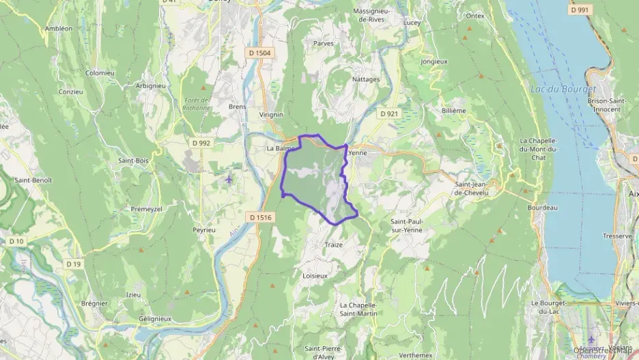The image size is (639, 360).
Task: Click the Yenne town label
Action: tap(358, 153)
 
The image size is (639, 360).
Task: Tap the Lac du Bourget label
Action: tap(563, 89)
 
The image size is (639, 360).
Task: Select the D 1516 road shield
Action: tap(261, 218)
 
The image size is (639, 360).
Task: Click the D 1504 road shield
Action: tap(260, 53)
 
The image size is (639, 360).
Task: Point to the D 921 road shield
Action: tap(388, 113)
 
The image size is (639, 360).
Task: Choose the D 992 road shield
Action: tap(201, 143)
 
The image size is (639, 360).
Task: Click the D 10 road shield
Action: tap(16, 241)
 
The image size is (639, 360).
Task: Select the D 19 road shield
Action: tap(74, 264)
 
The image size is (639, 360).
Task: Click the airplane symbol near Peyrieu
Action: tap(228, 180)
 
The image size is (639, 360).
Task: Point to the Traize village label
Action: tap(334, 245)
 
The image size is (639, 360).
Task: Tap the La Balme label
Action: tap(279, 148)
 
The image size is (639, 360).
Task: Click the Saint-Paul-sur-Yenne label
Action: tap(406, 225)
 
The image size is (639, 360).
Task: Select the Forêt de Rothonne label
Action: tap(196, 104)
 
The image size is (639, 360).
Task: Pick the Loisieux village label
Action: tap(315, 276)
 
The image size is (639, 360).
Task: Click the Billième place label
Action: tap(453, 110)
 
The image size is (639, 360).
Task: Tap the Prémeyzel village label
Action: tap(146, 209)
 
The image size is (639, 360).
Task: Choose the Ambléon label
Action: tap(58, 29)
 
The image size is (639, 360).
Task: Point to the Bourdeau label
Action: tap(543, 208)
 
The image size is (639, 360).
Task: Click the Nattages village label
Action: tap(366, 79)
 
